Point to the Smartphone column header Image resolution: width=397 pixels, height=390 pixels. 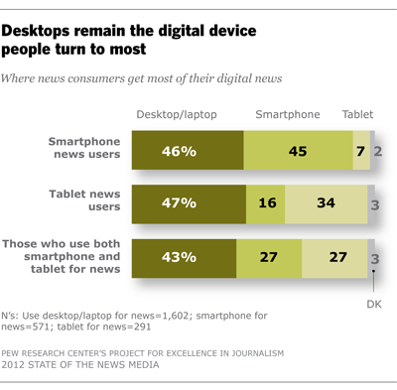(x=287, y=114)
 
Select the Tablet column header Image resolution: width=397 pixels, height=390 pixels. (x=358, y=114)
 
